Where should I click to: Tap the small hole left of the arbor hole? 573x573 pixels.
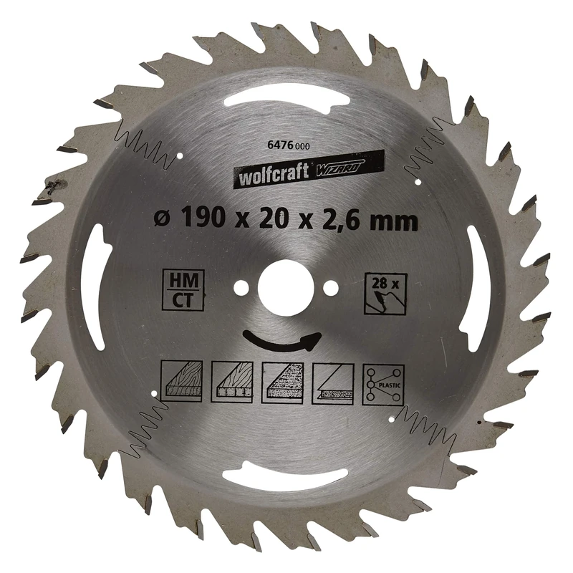243,286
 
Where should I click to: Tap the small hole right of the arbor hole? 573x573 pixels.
329,286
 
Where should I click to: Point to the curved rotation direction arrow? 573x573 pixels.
280,341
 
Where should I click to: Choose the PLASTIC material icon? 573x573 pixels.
382,385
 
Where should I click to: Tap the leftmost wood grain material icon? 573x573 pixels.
183,383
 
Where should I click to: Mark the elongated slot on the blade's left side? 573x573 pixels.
93,286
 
